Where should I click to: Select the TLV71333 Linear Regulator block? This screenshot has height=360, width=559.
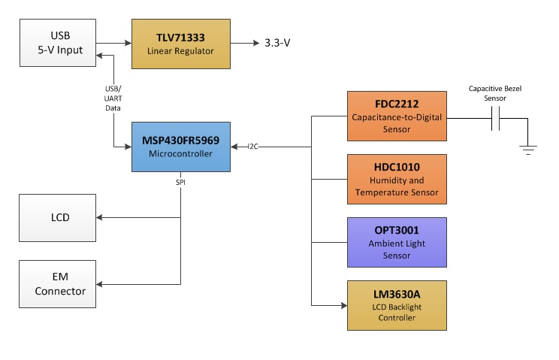[180, 42]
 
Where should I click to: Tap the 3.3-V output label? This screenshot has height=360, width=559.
[277, 43]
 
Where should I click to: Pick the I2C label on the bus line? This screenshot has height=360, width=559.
[253, 147]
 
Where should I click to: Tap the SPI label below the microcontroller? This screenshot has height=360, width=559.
[180, 183]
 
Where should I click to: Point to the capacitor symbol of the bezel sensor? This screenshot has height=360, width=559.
[496, 119]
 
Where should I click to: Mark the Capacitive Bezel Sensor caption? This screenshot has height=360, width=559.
[494, 93]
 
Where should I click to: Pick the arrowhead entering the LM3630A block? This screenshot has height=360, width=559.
[343, 306]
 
